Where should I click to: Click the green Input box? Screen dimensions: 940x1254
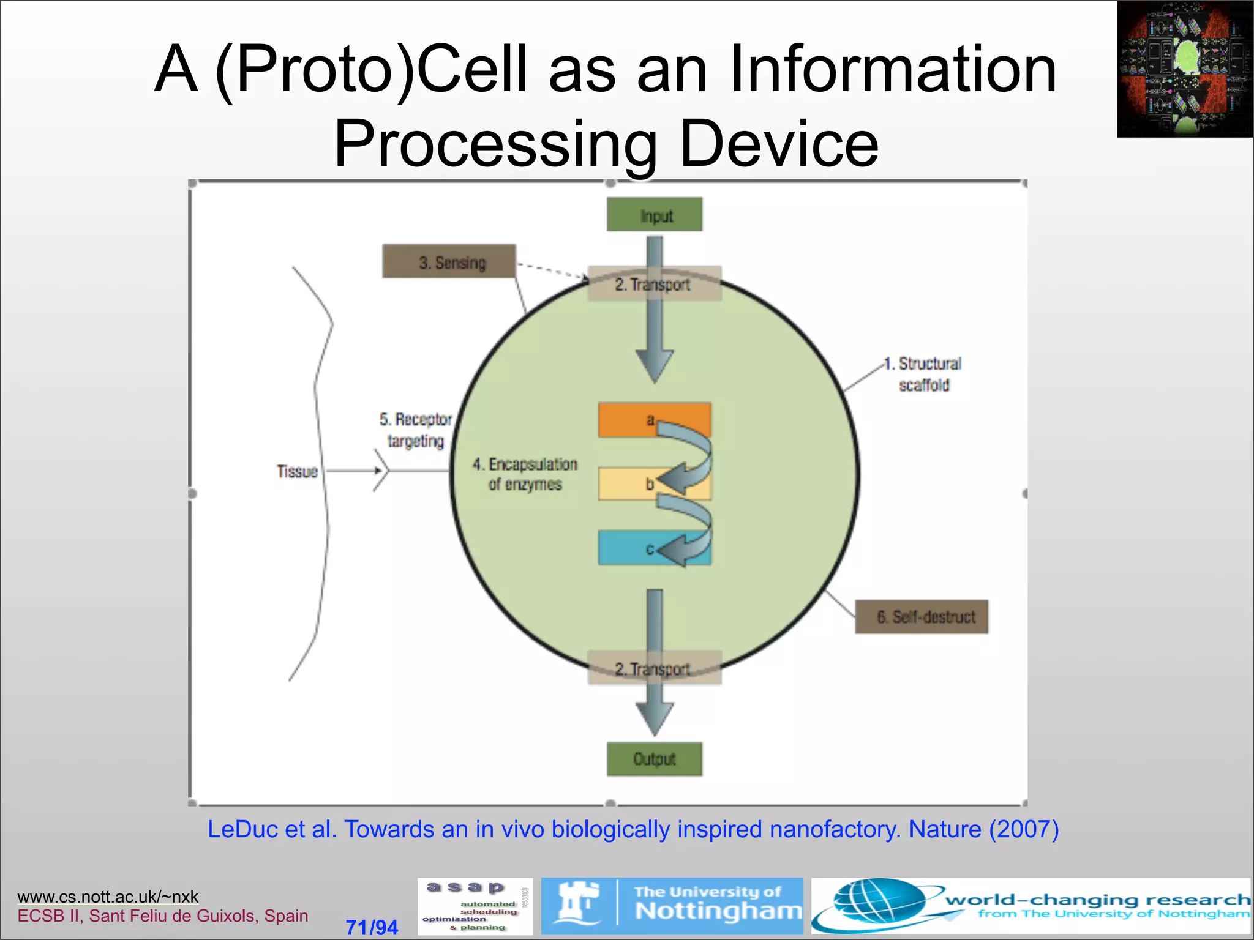(x=654, y=214)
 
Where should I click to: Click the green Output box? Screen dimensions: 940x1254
(x=654, y=759)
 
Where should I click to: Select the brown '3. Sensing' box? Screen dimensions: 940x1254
(x=449, y=262)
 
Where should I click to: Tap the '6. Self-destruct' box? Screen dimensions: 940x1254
(x=922, y=616)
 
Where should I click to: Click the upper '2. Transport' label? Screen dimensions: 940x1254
(x=653, y=284)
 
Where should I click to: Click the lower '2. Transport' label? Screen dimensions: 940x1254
(x=653, y=668)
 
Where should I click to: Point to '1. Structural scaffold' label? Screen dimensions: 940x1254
(x=925, y=374)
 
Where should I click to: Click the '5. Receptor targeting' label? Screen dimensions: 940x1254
(x=416, y=430)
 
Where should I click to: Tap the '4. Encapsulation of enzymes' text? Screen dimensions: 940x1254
(x=525, y=474)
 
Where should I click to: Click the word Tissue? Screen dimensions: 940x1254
(x=297, y=471)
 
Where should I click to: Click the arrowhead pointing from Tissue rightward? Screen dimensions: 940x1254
(x=379, y=471)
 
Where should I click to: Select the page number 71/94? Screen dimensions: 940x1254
(x=372, y=927)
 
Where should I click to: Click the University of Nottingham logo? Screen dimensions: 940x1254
(x=672, y=906)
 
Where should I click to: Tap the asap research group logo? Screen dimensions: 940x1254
(x=475, y=906)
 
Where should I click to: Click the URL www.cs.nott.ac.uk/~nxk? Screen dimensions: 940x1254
(x=108, y=897)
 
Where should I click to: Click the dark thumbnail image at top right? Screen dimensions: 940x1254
(x=1185, y=69)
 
